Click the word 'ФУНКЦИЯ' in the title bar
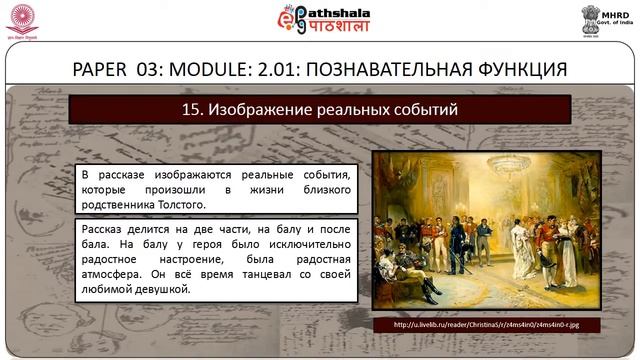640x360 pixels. click(518, 69)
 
